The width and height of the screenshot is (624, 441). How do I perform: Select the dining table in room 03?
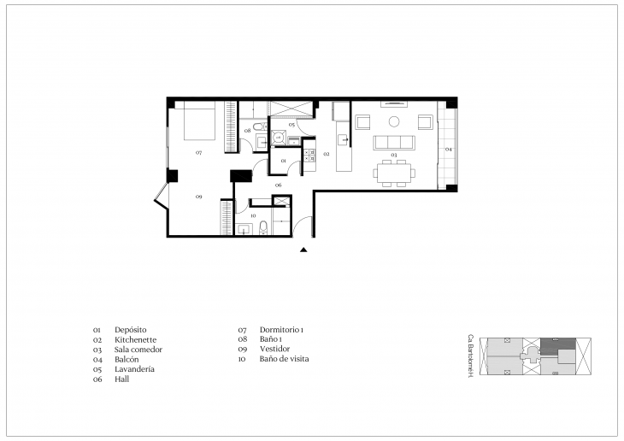[x=394, y=173]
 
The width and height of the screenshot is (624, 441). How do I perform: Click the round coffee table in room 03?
[x=394, y=121]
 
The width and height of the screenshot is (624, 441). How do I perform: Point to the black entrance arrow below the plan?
[x=303, y=250]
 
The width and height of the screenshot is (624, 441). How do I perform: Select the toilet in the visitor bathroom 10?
[x=264, y=227]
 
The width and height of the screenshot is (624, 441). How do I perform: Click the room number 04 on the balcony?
[x=448, y=150]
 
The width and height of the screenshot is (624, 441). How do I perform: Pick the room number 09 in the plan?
[x=198, y=197]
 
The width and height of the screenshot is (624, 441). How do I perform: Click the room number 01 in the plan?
[x=283, y=160]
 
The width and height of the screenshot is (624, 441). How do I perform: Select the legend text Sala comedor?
[x=138, y=350]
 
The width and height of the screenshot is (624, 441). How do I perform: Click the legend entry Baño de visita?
[x=284, y=359]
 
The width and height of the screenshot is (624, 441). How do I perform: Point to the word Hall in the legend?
[x=122, y=379]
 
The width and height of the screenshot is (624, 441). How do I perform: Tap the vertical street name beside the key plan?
[x=470, y=356]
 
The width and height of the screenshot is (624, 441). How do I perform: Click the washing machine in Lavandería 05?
[x=279, y=137]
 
